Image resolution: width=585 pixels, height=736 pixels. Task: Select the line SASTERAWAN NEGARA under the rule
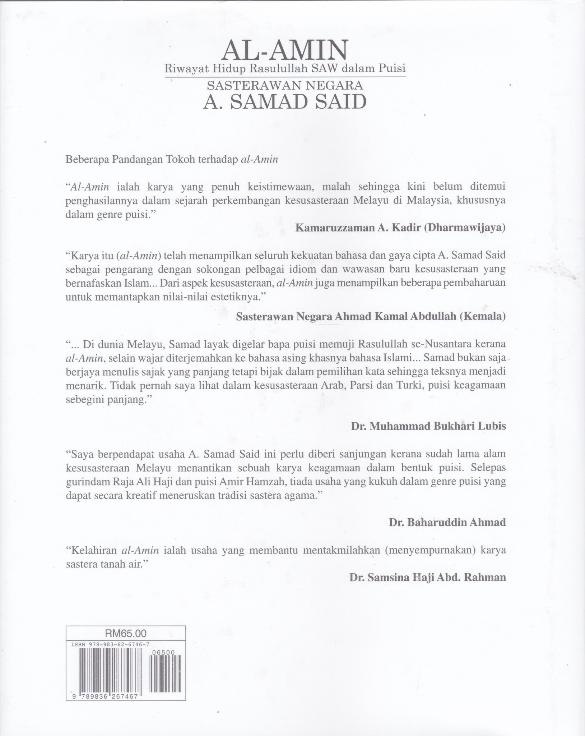(x=285, y=86)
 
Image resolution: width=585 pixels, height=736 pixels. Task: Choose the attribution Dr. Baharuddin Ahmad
(x=447, y=522)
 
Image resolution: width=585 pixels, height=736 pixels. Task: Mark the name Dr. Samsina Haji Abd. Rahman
(x=427, y=577)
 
